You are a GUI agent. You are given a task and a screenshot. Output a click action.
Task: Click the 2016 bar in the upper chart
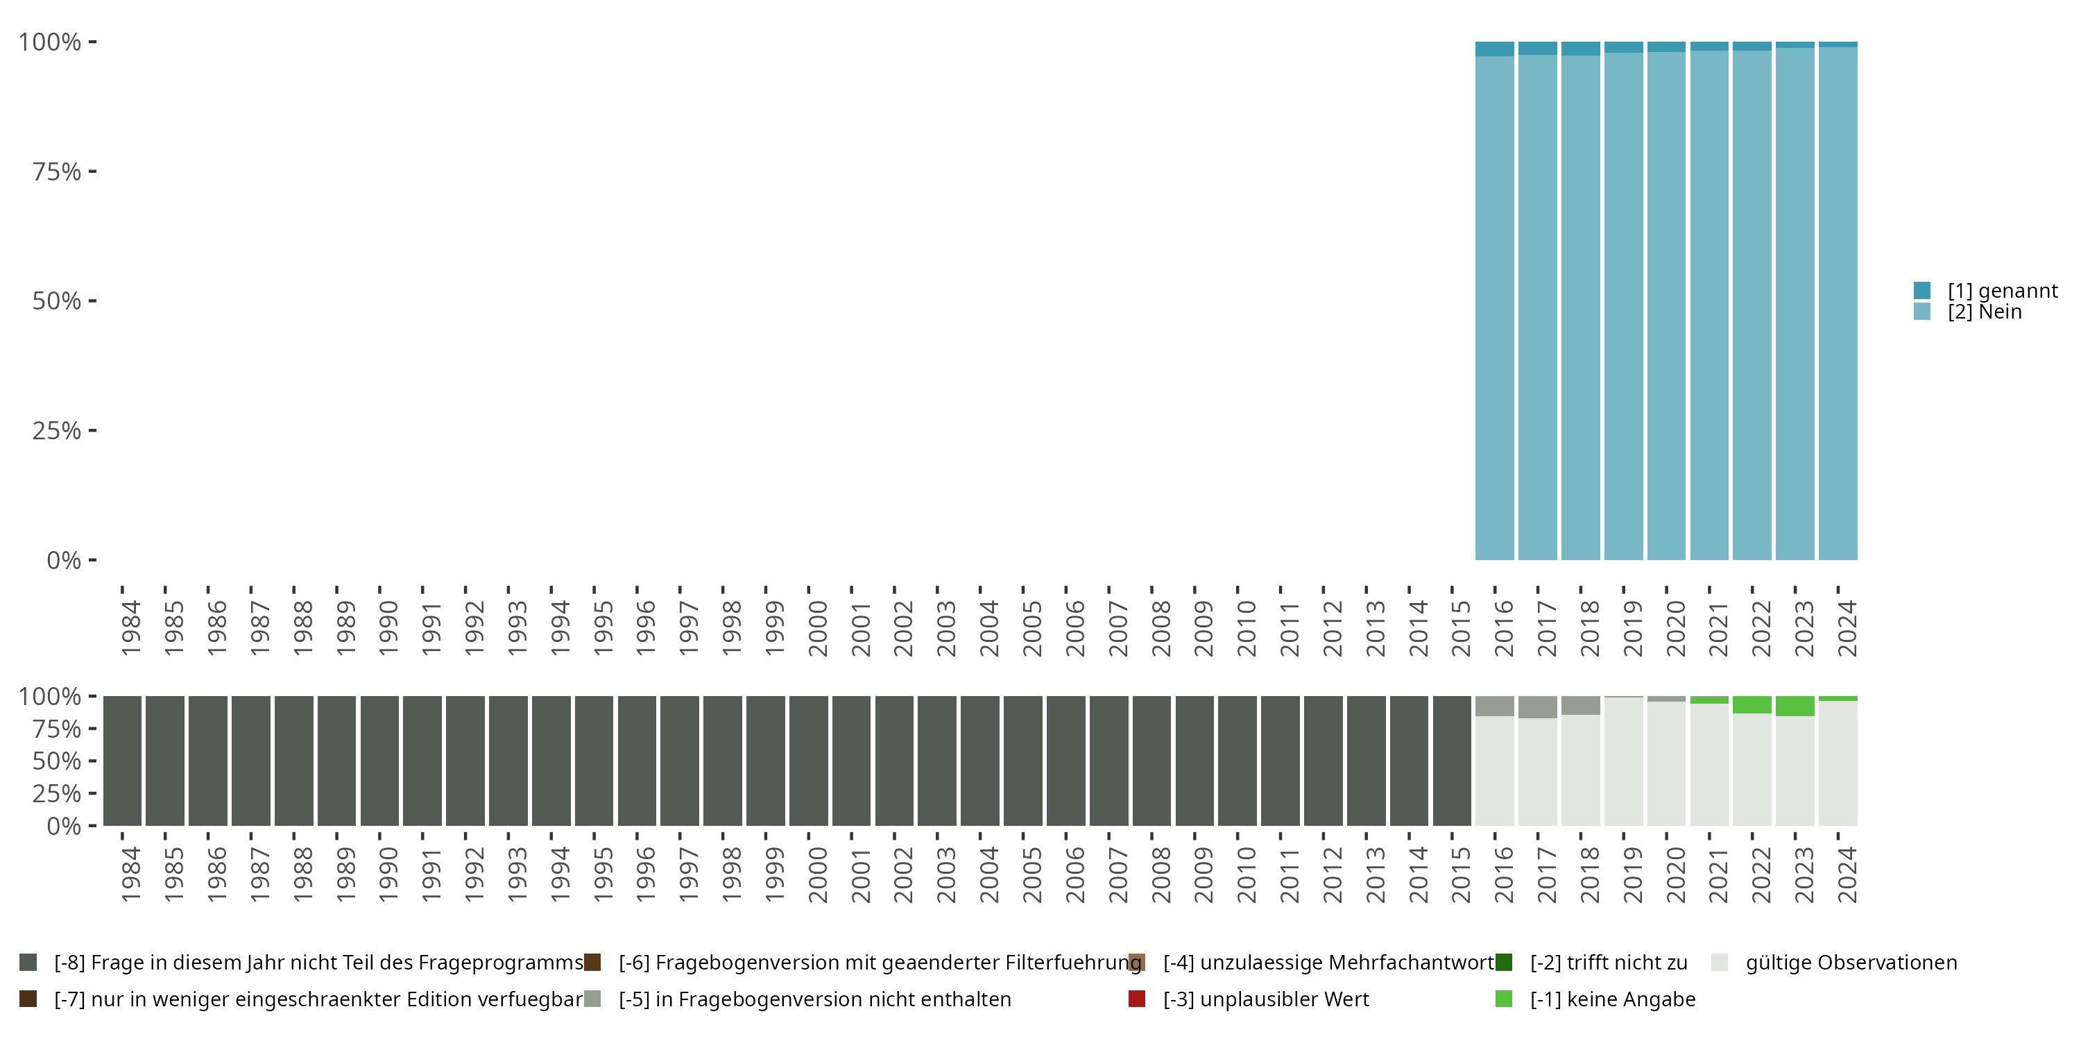click(x=1495, y=307)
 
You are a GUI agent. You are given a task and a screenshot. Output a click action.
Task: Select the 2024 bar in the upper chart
click(x=1838, y=307)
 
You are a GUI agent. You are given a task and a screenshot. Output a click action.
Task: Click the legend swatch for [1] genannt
click(x=1922, y=290)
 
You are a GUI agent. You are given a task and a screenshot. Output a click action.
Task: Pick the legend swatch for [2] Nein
click(x=1922, y=311)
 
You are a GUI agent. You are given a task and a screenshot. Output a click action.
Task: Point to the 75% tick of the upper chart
click(x=92, y=171)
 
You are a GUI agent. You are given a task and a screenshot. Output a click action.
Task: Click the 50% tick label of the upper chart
click(x=57, y=301)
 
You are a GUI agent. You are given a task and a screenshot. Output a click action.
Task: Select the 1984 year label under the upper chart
click(x=131, y=628)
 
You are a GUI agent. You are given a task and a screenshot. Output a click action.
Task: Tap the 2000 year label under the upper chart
click(x=818, y=628)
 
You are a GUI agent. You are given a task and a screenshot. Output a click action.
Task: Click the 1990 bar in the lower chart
click(x=379, y=761)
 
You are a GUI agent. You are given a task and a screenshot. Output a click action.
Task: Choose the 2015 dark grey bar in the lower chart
click(x=1452, y=761)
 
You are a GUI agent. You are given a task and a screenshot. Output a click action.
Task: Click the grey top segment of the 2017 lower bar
click(x=1537, y=707)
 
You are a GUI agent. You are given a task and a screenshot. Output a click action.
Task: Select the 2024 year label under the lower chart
click(x=1847, y=874)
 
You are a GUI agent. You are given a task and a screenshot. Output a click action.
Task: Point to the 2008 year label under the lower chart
click(x=1161, y=874)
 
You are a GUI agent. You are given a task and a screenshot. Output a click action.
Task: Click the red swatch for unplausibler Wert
click(x=1137, y=999)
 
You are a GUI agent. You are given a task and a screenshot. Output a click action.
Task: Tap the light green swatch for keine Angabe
click(x=1503, y=999)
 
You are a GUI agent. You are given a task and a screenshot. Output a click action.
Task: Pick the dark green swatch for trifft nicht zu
click(x=1503, y=962)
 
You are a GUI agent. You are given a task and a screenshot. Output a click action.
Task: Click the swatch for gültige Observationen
click(x=1719, y=962)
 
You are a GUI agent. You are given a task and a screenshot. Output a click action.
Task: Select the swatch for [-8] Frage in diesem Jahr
click(x=28, y=962)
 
